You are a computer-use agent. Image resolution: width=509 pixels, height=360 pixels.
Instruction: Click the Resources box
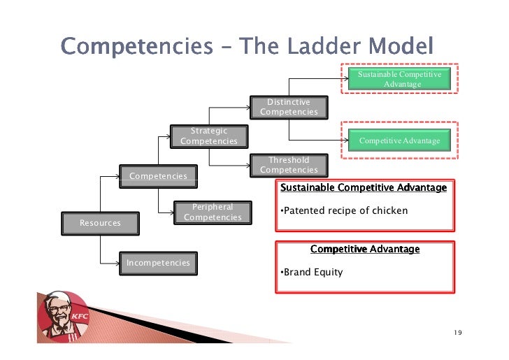pos(100,222)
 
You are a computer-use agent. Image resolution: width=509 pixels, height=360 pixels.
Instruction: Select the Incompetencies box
pos(158,263)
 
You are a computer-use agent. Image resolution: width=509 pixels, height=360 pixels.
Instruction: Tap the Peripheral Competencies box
pos(213,212)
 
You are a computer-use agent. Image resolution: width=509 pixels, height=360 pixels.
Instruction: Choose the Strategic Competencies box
pos(209,136)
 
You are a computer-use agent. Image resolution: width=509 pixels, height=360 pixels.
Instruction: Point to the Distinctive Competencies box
pos(289,107)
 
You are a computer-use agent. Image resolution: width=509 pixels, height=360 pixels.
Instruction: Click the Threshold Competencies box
pos(289,165)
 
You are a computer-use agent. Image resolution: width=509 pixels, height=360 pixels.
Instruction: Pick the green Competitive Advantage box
pos(399,141)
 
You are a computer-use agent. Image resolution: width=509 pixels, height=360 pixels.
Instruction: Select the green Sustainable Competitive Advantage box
pos(399,79)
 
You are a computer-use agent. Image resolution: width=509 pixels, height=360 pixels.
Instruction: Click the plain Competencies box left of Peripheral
pos(158,175)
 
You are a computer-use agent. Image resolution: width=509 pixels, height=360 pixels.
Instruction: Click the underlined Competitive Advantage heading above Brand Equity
pos(365,249)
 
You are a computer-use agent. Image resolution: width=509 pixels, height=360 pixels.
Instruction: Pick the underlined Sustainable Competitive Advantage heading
pos(363,187)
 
